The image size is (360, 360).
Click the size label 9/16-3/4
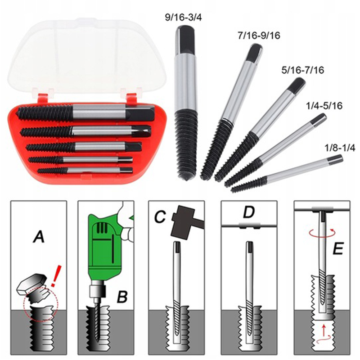pos(184,18)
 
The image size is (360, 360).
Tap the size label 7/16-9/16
pos(259,36)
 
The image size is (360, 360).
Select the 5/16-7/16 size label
pos(302,70)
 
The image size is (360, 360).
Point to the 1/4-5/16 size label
pos(324,106)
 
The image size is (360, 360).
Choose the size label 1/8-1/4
pos(340,148)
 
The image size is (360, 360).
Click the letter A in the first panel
pos(39,237)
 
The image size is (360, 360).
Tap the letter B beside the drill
pos(122,297)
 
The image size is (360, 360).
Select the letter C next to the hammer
pos(160,217)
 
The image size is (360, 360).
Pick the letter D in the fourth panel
pos(249,212)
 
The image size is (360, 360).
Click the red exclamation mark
pos(56,276)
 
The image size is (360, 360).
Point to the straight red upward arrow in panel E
pos(324,329)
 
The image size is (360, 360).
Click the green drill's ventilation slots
pos(101,228)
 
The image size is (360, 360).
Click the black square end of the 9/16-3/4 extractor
pos(185,40)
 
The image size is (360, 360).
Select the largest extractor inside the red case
pos(86,113)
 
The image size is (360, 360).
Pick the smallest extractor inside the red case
pos(85,170)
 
